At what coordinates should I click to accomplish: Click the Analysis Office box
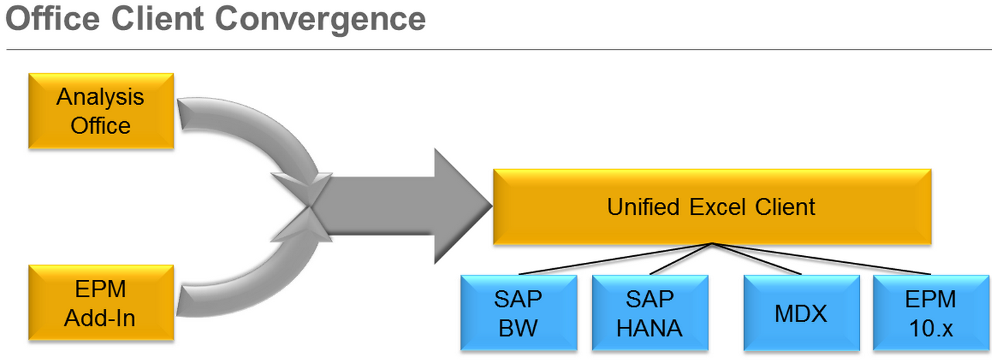pos(101,112)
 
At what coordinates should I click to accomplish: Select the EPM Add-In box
pos(101,303)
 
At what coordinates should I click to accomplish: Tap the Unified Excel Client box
pos(711,206)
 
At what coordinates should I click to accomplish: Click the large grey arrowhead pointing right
pos(459,206)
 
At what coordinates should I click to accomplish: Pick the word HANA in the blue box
pos(649,329)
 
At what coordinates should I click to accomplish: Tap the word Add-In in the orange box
pos(101,318)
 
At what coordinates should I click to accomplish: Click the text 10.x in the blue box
pos(930,329)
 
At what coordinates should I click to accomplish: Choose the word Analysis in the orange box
pos(101,97)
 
